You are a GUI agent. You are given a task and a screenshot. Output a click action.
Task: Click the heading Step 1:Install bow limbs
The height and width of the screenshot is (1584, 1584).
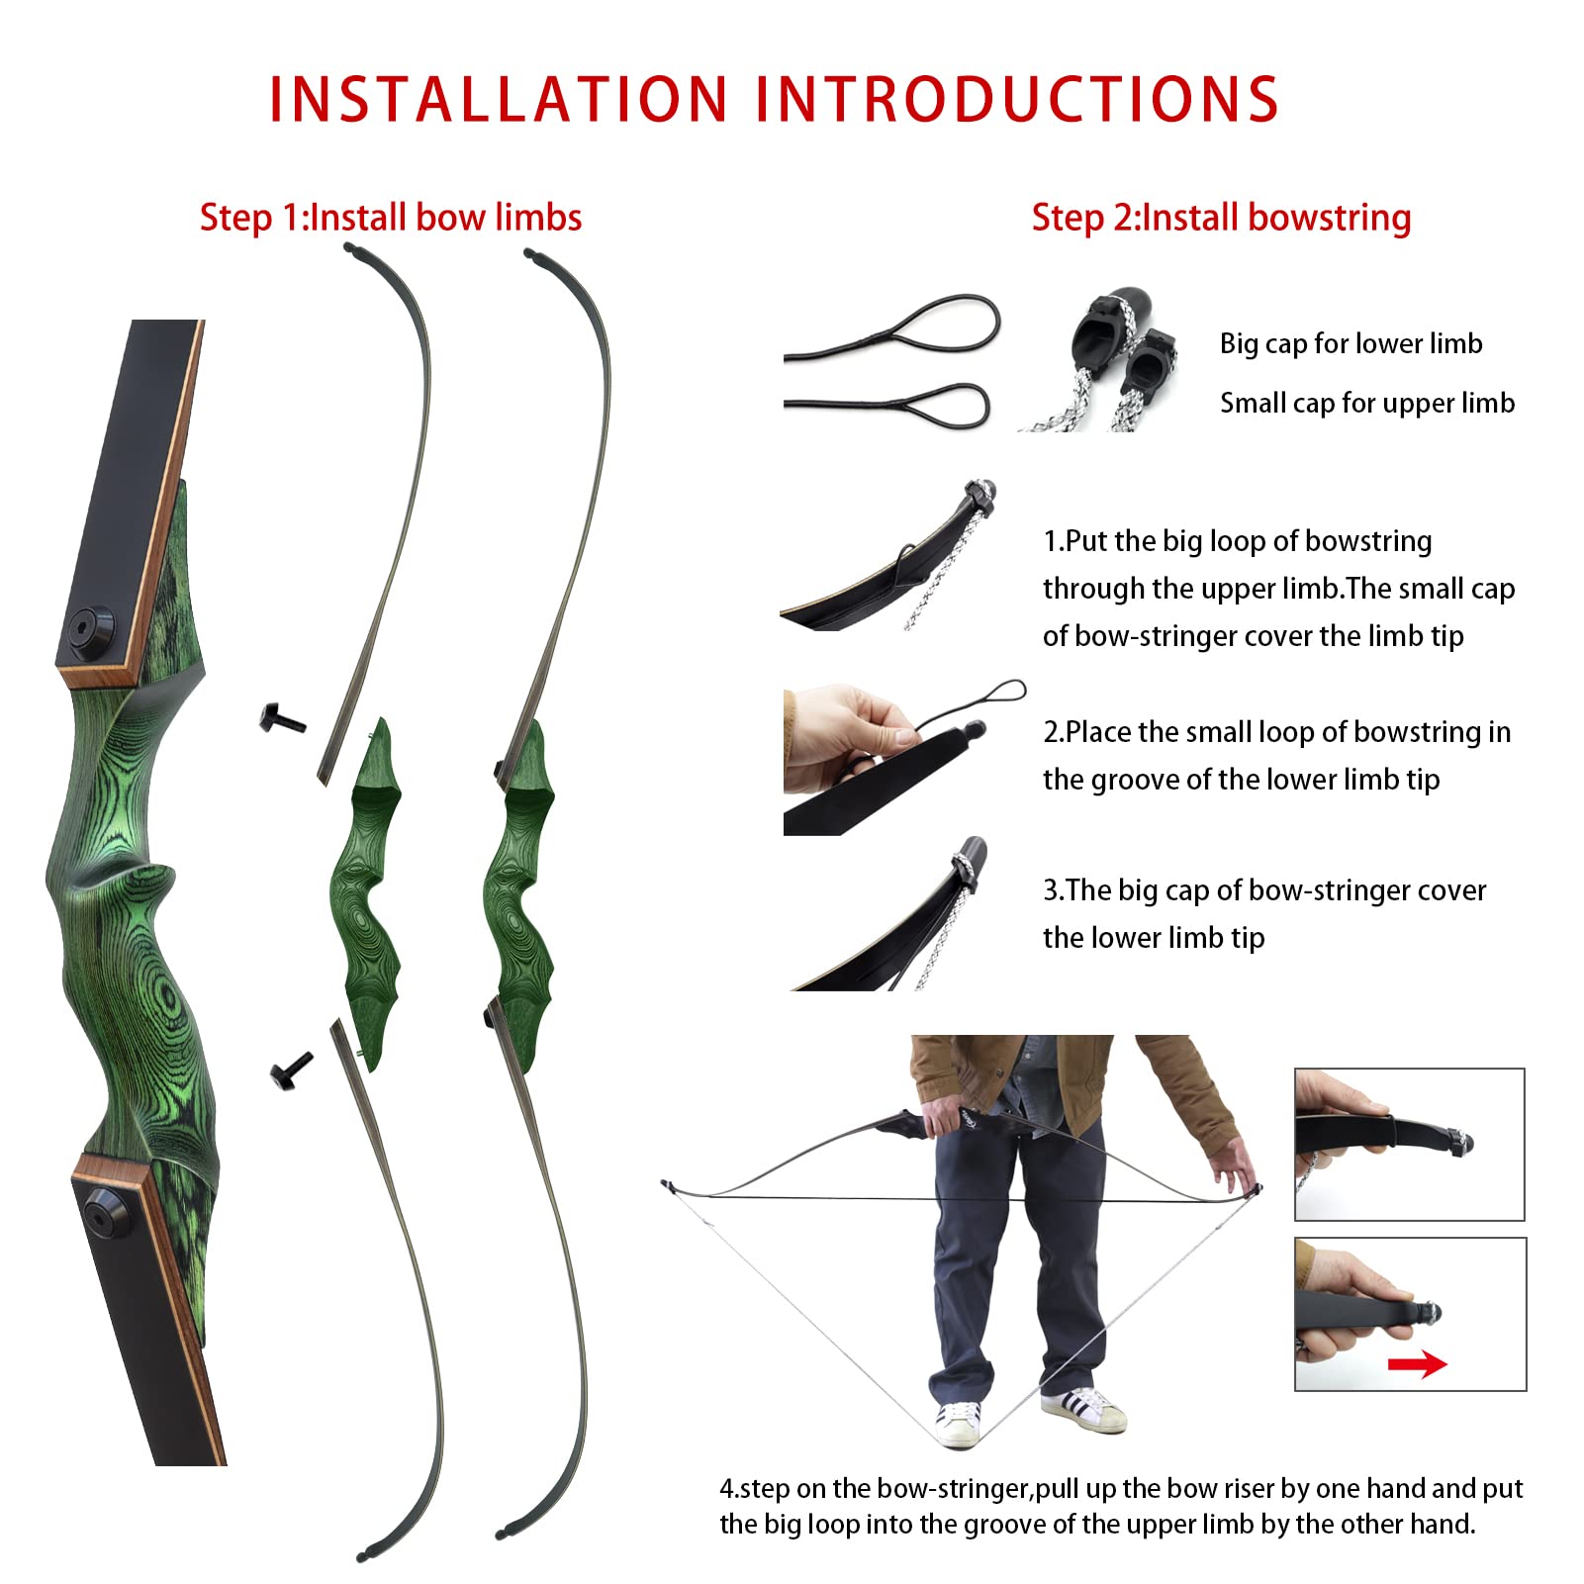click(391, 218)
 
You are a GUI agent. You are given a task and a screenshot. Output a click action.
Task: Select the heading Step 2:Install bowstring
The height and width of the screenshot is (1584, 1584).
click(1221, 218)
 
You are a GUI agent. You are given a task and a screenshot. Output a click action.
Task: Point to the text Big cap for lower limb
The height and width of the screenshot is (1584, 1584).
click(1351, 343)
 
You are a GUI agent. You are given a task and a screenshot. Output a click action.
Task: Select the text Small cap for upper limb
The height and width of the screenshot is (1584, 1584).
click(1366, 403)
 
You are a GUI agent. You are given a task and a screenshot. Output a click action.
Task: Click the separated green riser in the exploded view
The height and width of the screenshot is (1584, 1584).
click(366, 890)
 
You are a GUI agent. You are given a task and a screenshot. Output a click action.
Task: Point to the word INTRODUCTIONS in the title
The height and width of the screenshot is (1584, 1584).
click(1017, 99)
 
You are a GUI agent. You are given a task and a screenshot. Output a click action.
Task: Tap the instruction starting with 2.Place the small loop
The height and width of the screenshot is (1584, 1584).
click(1276, 755)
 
